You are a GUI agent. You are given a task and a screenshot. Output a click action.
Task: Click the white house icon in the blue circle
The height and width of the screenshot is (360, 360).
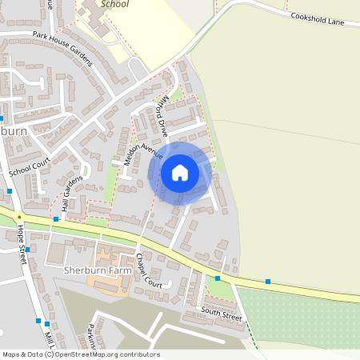point(180,173)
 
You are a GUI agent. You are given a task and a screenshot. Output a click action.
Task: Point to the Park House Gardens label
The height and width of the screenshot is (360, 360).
point(63,49)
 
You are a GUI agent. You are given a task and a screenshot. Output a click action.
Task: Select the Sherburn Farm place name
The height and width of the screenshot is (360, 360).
point(94,271)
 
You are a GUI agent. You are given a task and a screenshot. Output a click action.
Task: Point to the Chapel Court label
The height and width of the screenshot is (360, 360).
point(149,271)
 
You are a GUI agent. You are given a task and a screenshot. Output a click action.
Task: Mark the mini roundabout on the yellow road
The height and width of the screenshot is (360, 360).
point(18,218)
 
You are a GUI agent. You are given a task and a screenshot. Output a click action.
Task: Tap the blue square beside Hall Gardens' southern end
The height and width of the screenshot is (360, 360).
point(56,218)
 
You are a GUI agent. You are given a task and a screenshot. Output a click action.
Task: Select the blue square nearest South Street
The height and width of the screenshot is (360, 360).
point(218,278)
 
